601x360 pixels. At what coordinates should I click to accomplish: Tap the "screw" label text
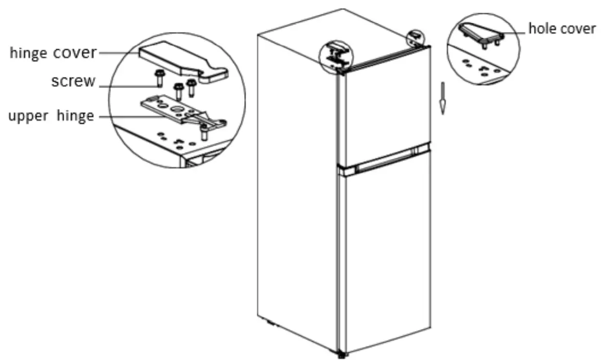click(72, 82)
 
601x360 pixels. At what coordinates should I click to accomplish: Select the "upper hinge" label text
click(51, 116)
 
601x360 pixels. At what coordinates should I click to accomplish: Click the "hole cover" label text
click(562, 29)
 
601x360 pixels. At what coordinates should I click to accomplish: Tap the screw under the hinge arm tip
click(204, 133)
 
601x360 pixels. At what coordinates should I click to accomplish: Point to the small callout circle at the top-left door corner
click(336, 54)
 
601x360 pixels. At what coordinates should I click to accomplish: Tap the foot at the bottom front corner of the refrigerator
click(341, 355)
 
